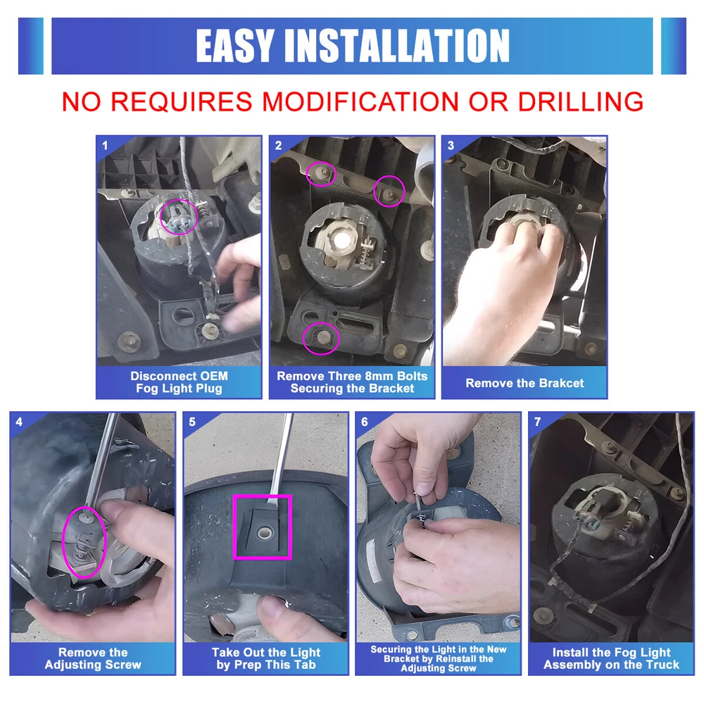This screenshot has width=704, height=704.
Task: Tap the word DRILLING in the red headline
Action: click(581, 101)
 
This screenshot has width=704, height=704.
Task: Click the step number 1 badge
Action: click(105, 146)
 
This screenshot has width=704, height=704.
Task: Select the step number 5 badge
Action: click(192, 422)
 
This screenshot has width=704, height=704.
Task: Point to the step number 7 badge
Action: click(537, 422)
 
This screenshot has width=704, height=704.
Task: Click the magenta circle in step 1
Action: click(161, 218)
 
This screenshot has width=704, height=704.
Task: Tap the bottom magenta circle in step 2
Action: click(303, 339)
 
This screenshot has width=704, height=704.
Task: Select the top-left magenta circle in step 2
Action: click(306, 174)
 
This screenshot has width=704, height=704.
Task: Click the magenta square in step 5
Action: click(234, 527)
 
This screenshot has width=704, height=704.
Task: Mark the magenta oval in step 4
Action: click(63, 542)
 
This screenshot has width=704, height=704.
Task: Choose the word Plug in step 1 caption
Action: click(209, 389)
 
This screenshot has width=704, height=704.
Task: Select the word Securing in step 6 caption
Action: click(390, 649)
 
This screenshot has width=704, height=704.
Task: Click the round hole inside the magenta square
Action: click(263, 532)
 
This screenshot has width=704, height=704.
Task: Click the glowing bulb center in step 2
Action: click(344, 237)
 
